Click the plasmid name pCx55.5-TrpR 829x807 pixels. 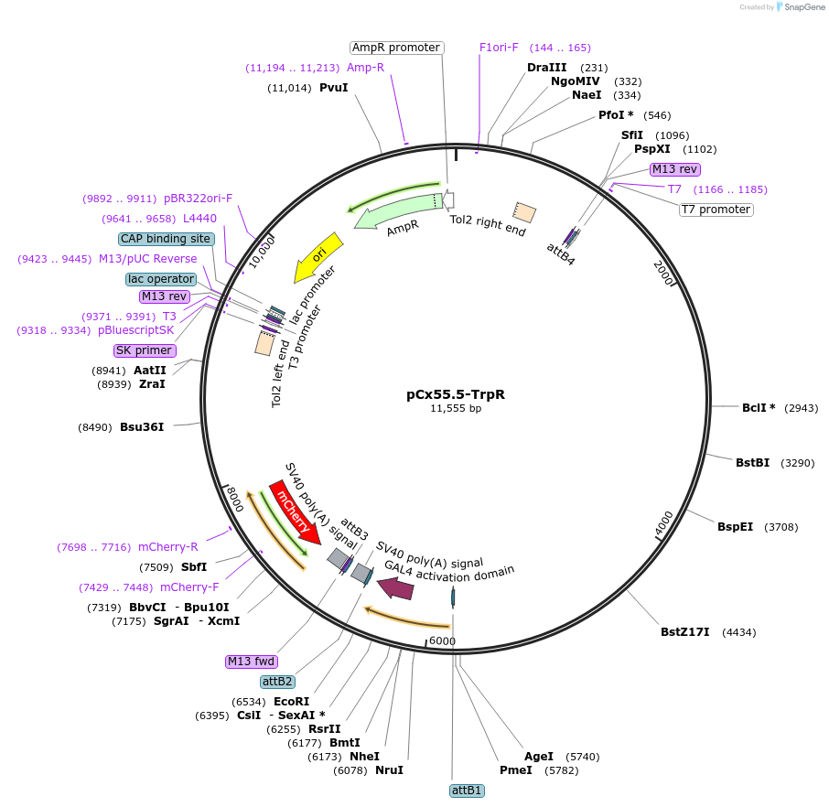click(456, 394)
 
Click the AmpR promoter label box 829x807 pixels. click(397, 48)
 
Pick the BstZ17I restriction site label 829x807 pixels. click(684, 632)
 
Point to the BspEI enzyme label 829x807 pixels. click(735, 527)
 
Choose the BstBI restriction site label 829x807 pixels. click(753, 463)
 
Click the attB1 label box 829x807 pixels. click(467, 791)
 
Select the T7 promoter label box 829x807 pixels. click(716, 210)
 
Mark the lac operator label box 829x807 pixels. click(161, 279)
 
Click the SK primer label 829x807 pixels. click(145, 350)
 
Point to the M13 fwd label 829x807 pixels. click(251, 662)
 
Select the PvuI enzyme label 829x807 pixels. click(334, 88)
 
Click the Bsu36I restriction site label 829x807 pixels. click(142, 427)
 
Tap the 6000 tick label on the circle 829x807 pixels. click(442, 641)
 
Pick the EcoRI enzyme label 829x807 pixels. click(304, 702)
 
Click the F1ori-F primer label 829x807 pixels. click(499, 48)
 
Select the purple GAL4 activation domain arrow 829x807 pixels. click(395, 588)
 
